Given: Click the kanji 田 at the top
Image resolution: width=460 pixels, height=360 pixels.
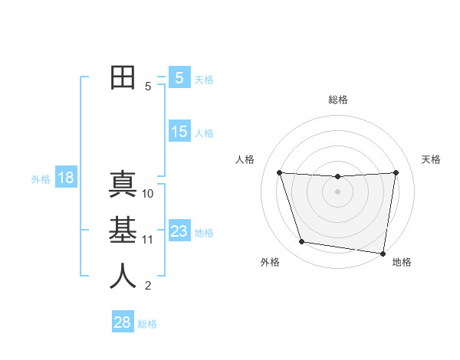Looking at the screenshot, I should pos(123,77).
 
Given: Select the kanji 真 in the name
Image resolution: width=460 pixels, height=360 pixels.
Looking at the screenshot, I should pos(123,185).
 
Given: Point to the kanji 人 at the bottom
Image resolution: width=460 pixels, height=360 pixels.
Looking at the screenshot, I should pos(123,276).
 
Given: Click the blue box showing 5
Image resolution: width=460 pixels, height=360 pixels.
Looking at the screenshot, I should pos(179,77).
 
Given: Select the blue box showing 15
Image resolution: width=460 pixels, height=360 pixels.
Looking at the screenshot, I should pos(179,132).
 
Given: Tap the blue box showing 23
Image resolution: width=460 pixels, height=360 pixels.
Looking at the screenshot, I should pos(179,231).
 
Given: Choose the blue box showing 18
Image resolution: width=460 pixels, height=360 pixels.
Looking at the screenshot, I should pos(66,178).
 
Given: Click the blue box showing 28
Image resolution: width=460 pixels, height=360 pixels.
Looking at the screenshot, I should pos(123,322).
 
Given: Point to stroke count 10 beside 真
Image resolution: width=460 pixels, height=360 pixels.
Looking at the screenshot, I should pos(148,194).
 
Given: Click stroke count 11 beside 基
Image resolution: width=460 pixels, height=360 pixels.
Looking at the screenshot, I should pos(148,240).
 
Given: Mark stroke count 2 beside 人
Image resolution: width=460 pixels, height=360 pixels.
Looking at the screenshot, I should pos(148,286).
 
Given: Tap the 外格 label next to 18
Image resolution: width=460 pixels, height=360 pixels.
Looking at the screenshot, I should pos(41,179).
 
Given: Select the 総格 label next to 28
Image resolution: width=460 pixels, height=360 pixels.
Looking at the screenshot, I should pos(147,324).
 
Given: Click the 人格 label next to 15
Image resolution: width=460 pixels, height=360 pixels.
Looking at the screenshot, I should pos(204,133).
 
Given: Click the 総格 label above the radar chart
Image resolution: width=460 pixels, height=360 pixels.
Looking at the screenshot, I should pos(337,100).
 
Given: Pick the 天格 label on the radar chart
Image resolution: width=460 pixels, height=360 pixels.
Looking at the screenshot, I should pos(431,159).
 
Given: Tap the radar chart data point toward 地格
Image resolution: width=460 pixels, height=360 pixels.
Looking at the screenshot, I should pos(383,253).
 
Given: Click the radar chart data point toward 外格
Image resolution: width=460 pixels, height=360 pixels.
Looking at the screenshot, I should pos(302,242).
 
